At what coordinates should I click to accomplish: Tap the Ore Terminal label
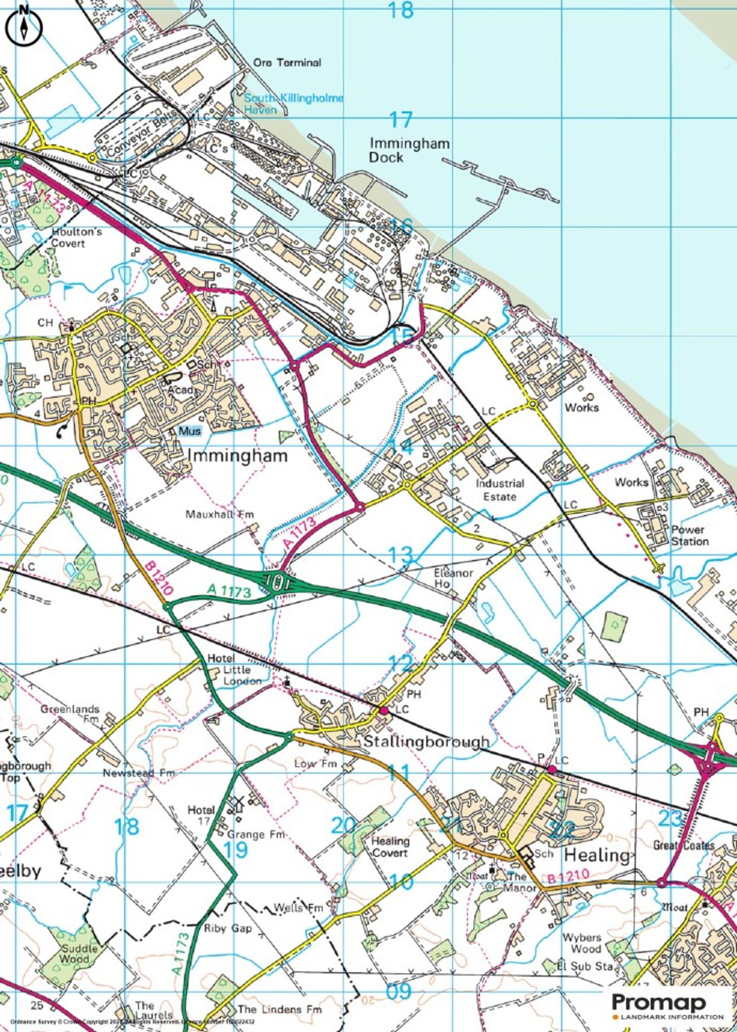287,62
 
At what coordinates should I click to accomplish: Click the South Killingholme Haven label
294,104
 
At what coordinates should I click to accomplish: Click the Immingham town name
237,456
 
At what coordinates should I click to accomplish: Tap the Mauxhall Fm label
220,514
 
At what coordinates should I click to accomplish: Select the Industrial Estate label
499,490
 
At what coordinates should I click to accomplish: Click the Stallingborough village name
427,741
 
